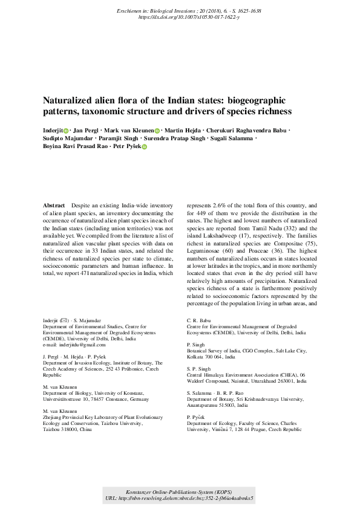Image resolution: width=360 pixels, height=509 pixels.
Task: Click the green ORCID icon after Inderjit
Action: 67,130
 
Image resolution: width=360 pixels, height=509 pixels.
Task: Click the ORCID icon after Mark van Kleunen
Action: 157,130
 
